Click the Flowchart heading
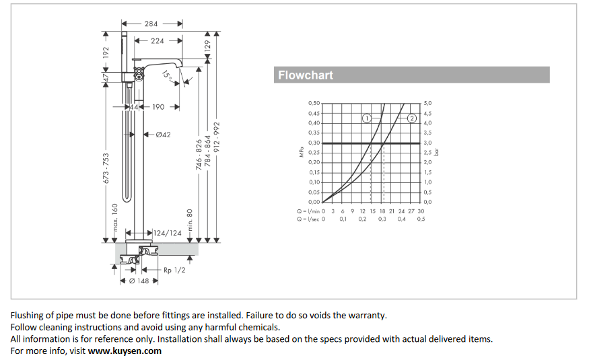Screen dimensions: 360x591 pyautogui.click(x=306, y=75)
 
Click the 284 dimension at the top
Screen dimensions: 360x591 pyautogui.click(x=152, y=23)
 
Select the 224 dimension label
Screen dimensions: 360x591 pyautogui.click(x=157, y=40)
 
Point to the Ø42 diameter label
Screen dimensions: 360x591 pyautogui.click(x=163, y=135)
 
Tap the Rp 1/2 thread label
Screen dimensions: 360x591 pyautogui.click(x=174, y=270)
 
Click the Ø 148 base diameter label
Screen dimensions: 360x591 pyautogui.click(x=139, y=281)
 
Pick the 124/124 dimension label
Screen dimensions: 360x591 pyautogui.click(x=168, y=233)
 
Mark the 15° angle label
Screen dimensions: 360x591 pyautogui.click(x=167, y=77)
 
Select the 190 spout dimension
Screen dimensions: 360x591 pyautogui.click(x=158, y=106)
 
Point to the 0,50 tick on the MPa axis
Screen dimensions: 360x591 pyautogui.click(x=314, y=103)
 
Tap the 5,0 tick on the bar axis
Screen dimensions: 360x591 pyautogui.click(x=427, y=103)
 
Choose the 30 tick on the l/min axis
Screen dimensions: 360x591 pyautogui.click(x=421, y=211)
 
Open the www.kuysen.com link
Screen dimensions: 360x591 pyautogui.click(x=125, y=351)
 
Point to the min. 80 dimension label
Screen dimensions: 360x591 pyautogui.click(x=190, y=221)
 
